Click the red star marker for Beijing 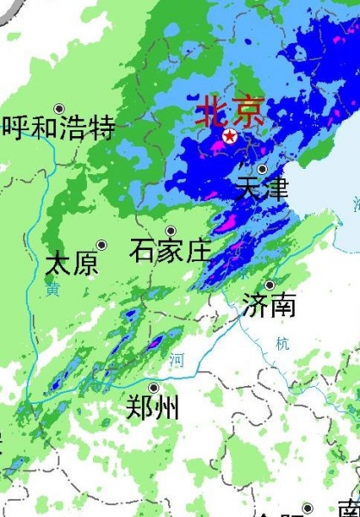click(230, 136)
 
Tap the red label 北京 click(229, 110)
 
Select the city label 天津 click(261, 188)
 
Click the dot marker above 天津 click(262, 169)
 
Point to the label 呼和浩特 click(59, 128)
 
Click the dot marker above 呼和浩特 click(59, 109)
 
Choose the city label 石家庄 click(171, 251)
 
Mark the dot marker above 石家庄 click(171, 231)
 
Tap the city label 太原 click(72, 263)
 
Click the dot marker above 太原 click(101, 245)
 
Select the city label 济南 click(269, 304)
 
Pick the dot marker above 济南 click(269, 285)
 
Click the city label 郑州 click(153, 406)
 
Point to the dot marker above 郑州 click(153, 387)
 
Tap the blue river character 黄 click(53, 291)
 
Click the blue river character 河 click(176, 359)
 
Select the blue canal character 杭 click(283, 343)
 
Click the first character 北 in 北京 click(212, 110)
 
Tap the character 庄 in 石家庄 click(197, 251)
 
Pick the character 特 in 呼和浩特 click(101, 128)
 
